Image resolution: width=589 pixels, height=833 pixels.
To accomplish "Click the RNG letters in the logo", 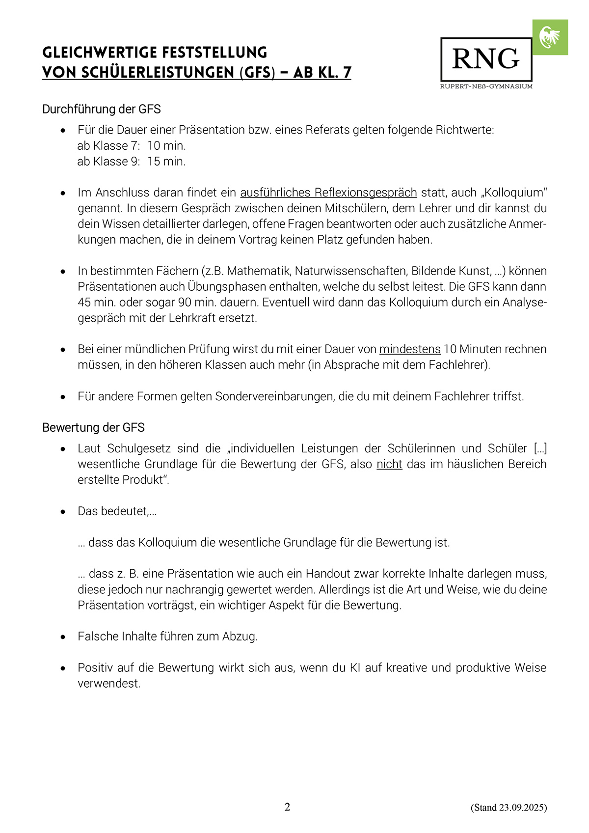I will (x=485, y=59).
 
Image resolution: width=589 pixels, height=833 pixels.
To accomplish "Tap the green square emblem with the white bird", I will (x=550, y=37).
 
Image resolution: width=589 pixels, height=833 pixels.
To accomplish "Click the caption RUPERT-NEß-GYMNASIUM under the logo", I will (x=486, y=86).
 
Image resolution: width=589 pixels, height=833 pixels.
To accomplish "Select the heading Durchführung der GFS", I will (x=102, y=109).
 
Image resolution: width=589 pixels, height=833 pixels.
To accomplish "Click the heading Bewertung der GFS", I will (x=93, y=428).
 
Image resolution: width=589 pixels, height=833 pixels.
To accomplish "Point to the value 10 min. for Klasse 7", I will (x=166, y=146).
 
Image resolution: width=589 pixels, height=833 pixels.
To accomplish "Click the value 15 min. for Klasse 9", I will (x=166, y=162).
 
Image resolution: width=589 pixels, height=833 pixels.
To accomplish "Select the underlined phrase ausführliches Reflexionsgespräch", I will (x=328, y=193).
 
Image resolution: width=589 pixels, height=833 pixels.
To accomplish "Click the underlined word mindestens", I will (x=410, y=349).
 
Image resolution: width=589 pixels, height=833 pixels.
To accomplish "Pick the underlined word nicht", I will (x=389, y=464).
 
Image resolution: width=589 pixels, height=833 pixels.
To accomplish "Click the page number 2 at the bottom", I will (x=288, y=807).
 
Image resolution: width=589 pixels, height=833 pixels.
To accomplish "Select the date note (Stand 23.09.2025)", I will (x=509, y=807).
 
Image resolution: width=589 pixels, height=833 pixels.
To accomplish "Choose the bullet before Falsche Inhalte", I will (x=63, y=637).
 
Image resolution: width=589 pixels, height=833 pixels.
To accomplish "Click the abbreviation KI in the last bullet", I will (x=355, y=668).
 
